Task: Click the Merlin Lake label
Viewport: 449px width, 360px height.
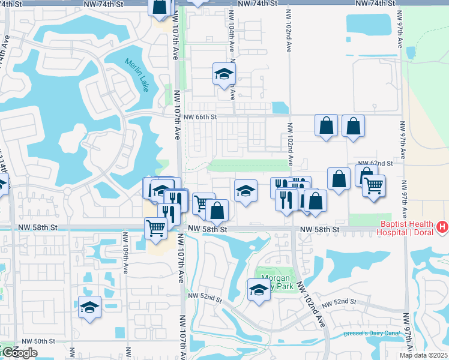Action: pyautogui.click(x=137, y=74)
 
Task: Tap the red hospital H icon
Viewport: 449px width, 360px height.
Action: pyautogui.click(x=442, y=227)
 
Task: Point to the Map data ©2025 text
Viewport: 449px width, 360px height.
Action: pyautogui.click(x=424, y=355)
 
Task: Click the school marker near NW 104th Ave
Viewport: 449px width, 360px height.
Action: pyautogui.click(x=224, y=74)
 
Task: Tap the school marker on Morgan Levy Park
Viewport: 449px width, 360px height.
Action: pyautogui.click(x=259, y=290)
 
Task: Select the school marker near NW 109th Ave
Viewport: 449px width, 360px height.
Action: pyautogui.click(x=89, y=308)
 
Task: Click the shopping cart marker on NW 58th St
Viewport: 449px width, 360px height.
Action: pyautogui.click(x=155, y=228)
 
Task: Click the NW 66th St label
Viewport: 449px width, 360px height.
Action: pyautogui.click(x=199, y=117)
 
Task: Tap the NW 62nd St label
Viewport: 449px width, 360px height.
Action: pyautogui.click(x=375, y=163)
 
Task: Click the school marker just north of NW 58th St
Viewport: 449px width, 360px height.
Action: pyautogui.click(x=245, y=191)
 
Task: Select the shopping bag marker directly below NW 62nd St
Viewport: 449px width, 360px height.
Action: pyautogui.click(x=339, y=179)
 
